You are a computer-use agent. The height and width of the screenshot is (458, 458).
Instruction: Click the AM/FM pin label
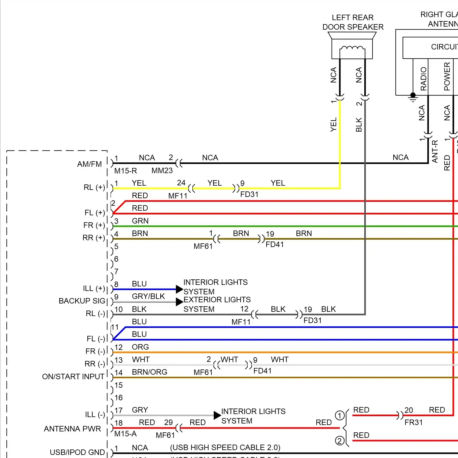[x=89, y=164]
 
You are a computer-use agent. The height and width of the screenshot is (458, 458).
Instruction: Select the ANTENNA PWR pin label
[x=72, y=429]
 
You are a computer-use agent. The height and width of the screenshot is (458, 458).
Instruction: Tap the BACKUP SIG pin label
[x=82, y=301]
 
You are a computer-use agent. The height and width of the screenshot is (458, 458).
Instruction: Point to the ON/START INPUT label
[x=73, y=377]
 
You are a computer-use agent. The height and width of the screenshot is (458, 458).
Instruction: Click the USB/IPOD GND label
[x=77, y=453]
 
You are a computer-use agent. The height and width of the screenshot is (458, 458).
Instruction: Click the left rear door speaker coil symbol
[x=352, y=49]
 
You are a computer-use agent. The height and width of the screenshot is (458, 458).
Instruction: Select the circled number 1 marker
[x=340, y=416]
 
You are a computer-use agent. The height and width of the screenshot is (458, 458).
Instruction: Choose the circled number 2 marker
[x=340, y=441]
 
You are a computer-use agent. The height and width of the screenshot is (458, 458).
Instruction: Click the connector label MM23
[x=162, y=171]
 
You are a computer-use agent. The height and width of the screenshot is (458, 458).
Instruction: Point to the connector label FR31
[x=414, y=423]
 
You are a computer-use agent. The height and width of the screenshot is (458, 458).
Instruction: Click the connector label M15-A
[x=125, y=434]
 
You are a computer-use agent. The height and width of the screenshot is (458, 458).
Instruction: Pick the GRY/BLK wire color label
[x=148, y=296]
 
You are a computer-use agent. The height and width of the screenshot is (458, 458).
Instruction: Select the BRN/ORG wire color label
[x=149, y=372]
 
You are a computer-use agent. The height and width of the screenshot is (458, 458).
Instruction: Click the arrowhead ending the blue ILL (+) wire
[x=180, y=289]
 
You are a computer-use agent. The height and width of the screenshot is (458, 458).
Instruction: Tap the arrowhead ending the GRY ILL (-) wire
[x=217, y=415]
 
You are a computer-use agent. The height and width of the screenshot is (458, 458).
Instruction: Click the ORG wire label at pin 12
[x=140, y=347]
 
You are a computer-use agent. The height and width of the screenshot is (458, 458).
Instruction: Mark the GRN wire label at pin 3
[x=140, y=221]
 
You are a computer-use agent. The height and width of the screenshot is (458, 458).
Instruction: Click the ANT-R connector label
[x=435, y=151]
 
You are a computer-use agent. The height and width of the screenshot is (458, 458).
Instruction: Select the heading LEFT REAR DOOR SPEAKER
[x=353, y=22]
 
